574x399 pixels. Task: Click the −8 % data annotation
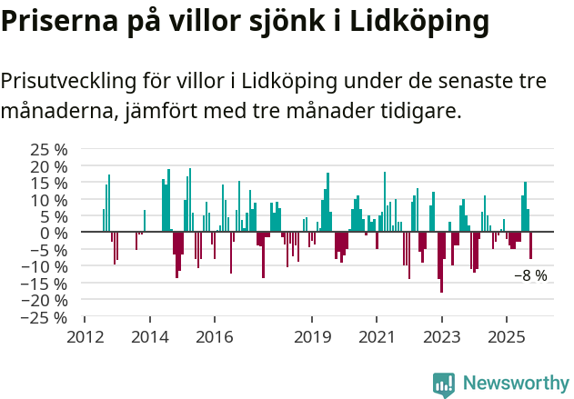(x=530, y=275)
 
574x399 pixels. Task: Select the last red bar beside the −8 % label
(x=531, y=245)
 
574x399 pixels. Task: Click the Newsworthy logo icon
(x=444, y=384)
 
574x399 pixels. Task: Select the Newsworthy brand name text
(x=515, y=384)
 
